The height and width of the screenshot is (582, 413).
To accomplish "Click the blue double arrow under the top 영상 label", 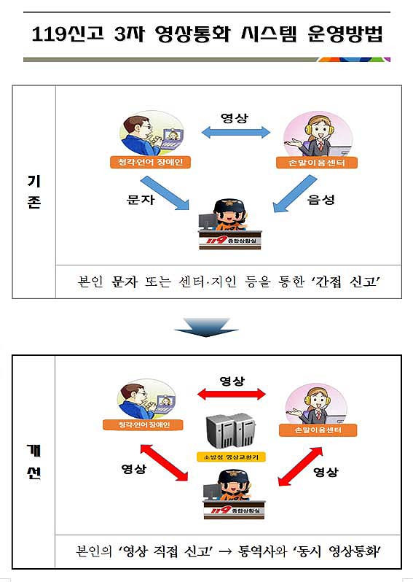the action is [236, 132].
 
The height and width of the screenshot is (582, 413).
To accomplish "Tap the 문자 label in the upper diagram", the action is [141, 200].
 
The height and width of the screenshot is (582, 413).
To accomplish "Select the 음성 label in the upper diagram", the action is [321, 200].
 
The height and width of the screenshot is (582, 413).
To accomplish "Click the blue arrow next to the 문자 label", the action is [165, 193].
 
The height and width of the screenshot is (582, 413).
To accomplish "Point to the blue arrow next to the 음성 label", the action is [295, 193].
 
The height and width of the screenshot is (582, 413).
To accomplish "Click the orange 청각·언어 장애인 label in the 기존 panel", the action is [150, 162].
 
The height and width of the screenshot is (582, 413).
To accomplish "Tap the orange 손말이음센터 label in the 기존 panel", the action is [317, 163].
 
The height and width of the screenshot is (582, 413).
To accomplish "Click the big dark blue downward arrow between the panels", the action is [206, 327].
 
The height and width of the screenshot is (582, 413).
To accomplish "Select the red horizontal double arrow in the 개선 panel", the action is [232, 394].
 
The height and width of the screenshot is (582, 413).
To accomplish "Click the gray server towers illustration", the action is [231, 431].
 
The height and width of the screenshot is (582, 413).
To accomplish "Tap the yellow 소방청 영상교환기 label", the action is [231, 457].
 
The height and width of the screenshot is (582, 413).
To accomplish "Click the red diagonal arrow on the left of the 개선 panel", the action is [164, 462].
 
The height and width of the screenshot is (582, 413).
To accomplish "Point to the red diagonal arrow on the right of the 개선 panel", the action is [300, 466].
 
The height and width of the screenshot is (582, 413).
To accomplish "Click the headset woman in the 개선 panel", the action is [316, 406].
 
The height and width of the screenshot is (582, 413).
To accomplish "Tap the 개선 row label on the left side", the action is [34, 462].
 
